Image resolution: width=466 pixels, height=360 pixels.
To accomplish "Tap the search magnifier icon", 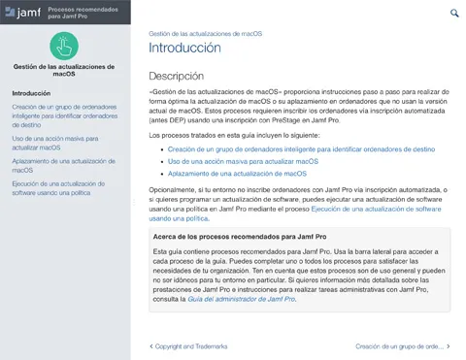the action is point(454,13).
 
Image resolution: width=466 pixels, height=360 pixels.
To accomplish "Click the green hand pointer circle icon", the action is point(65,45).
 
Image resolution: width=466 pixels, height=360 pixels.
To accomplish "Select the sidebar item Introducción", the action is point(31,93).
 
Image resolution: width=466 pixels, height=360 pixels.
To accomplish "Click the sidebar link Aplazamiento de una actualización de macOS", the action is point(58,165).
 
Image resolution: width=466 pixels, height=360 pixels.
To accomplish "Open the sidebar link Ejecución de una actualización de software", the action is point(62,188).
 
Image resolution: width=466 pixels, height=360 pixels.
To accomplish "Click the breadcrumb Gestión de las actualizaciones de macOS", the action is point(205,33).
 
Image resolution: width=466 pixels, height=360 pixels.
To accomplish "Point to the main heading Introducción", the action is point(184,48).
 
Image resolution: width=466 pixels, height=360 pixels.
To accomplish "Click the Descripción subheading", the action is point(176,76).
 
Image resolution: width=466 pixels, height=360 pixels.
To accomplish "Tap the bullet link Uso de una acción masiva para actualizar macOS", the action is point(243,162).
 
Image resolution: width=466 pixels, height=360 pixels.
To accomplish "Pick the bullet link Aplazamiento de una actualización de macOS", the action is point(237,174).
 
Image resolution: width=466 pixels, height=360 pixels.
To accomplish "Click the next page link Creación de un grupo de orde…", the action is point(401,345).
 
